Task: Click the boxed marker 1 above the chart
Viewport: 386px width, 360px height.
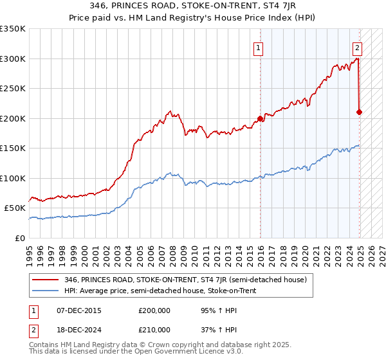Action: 258,47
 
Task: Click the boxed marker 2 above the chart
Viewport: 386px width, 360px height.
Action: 357,47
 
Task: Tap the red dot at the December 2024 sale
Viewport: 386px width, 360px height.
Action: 359,112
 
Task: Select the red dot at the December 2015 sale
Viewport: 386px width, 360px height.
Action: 261,118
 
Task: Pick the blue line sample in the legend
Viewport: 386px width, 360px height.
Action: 46,290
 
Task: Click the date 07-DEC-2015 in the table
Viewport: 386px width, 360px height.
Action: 79,310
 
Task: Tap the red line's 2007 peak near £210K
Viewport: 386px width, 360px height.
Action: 169,111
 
